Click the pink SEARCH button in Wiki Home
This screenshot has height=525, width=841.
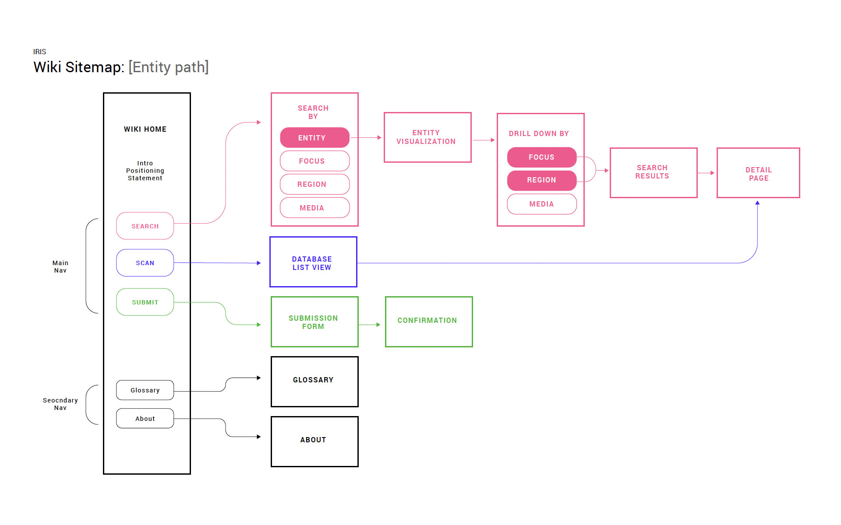pyautogui.click(x=145, y=226)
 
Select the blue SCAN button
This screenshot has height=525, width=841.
pyautogui.click(x=145, y=262)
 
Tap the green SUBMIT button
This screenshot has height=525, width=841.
pyautogui.click(x=145, y=302)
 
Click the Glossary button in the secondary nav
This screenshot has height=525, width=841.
pyautogui.click(x=145, y=390)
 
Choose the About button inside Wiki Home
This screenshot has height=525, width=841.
pyautogui.click(x=145, y=418)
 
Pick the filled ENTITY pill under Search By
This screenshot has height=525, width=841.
pyautogui.click(x=314, y=137)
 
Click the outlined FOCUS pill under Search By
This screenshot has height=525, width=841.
pyautogui.click(x=314, y=161)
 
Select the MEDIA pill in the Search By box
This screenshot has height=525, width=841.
pyautogui.click(x=314, y=207)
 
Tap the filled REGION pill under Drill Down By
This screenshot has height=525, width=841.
pyautogui.click(x=542, y=180)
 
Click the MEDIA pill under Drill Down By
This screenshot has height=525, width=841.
pyautogui.click(x=542, y=204)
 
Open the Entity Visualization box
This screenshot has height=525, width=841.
pyautogui.click(x=428, y=137)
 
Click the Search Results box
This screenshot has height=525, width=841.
pyautogui.click(x=654, y=173)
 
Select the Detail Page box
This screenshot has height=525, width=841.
pyautogui.click(x=758, y=173)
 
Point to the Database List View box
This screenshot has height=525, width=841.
pyautogui.click(x=313, y=262)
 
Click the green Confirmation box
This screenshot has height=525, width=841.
pyautogui.click(x=429, y=322)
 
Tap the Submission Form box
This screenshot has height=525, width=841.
pyautogui.click(x=314, y=322)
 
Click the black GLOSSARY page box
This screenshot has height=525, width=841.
pyautogui.click(x=314, y=381)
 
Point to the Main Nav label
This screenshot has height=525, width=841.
pyautogui.click(x=60, y=266)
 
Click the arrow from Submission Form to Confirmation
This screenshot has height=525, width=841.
pyautogui.click(x=369, y=325)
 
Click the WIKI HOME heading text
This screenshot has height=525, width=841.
pyautogui.click(x=145, y=129)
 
